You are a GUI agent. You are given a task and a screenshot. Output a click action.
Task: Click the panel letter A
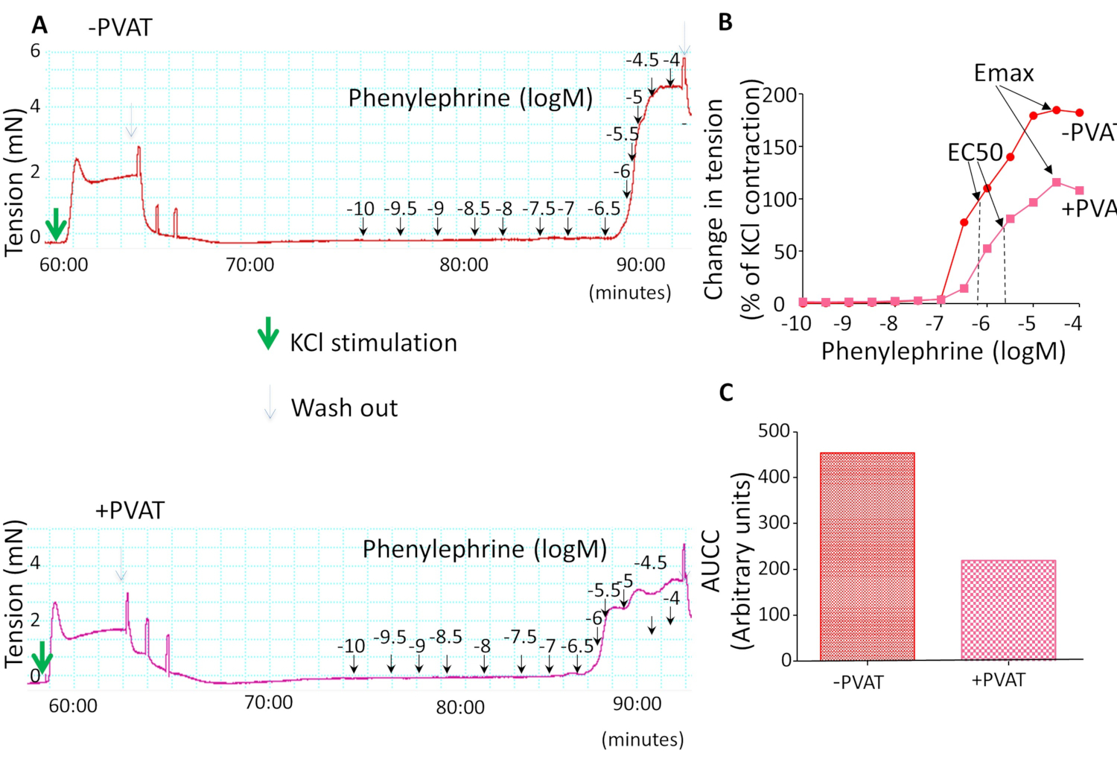[39, 25]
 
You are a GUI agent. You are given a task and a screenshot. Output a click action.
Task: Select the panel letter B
[725, 22]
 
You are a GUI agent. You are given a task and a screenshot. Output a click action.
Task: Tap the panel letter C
[726, 392]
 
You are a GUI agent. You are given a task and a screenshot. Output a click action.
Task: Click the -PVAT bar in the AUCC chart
[867, 556]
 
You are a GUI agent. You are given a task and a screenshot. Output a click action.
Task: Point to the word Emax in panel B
[1004, 73]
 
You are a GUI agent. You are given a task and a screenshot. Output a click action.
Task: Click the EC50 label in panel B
[975, 152]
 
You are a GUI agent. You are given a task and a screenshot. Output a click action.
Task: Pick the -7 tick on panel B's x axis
[935, 323]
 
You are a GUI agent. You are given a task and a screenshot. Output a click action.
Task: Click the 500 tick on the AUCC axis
[774, 431]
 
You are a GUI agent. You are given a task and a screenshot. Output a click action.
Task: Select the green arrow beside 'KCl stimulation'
[268, 334]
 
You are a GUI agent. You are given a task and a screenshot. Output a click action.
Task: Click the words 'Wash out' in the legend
[344, 408]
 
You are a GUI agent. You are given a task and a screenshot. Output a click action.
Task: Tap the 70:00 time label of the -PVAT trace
[249, 264]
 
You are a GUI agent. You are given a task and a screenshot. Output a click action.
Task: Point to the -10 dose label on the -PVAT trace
[360, 209]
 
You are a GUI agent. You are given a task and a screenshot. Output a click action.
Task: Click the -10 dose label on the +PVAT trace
[351, 646]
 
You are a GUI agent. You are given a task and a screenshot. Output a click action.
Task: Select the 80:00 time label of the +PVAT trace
[460, 707]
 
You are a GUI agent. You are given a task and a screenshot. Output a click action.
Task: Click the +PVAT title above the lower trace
[130, 510]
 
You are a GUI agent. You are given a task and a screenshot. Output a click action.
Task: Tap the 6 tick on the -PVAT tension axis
[35, 51]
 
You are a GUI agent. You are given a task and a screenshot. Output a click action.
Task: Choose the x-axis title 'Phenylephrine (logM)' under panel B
[943, 351]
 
